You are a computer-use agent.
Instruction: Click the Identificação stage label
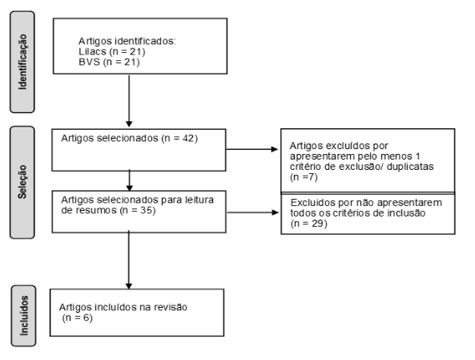(22, 62)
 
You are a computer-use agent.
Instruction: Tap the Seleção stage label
(22, 182)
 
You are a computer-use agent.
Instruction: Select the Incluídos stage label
(23, 315)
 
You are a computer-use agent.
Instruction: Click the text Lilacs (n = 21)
(112, 51)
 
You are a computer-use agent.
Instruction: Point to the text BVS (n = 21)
(109, 63)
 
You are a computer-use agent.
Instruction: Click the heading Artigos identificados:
(127, 41)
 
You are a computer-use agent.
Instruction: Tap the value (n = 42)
(180, 138)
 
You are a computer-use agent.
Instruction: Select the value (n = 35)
(138, 210)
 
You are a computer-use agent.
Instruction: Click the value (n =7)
(304, 177)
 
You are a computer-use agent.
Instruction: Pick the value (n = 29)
(309, 224)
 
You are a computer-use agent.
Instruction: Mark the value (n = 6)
(77, 318)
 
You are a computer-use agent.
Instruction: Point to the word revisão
(171, 307)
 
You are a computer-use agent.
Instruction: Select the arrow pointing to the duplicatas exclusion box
(252, 149)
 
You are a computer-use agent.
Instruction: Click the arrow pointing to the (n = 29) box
(252, 212)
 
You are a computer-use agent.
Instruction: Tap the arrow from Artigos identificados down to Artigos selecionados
(129, 101)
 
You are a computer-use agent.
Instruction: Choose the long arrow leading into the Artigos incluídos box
(129, 260)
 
